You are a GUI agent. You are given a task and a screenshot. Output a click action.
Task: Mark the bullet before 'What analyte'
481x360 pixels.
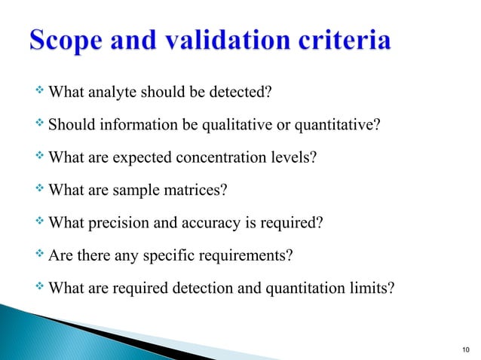point(40,93)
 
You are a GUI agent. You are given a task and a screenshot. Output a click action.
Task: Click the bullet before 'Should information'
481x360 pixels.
point(40,125)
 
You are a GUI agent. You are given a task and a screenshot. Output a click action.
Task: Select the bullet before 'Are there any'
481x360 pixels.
point(40,255)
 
